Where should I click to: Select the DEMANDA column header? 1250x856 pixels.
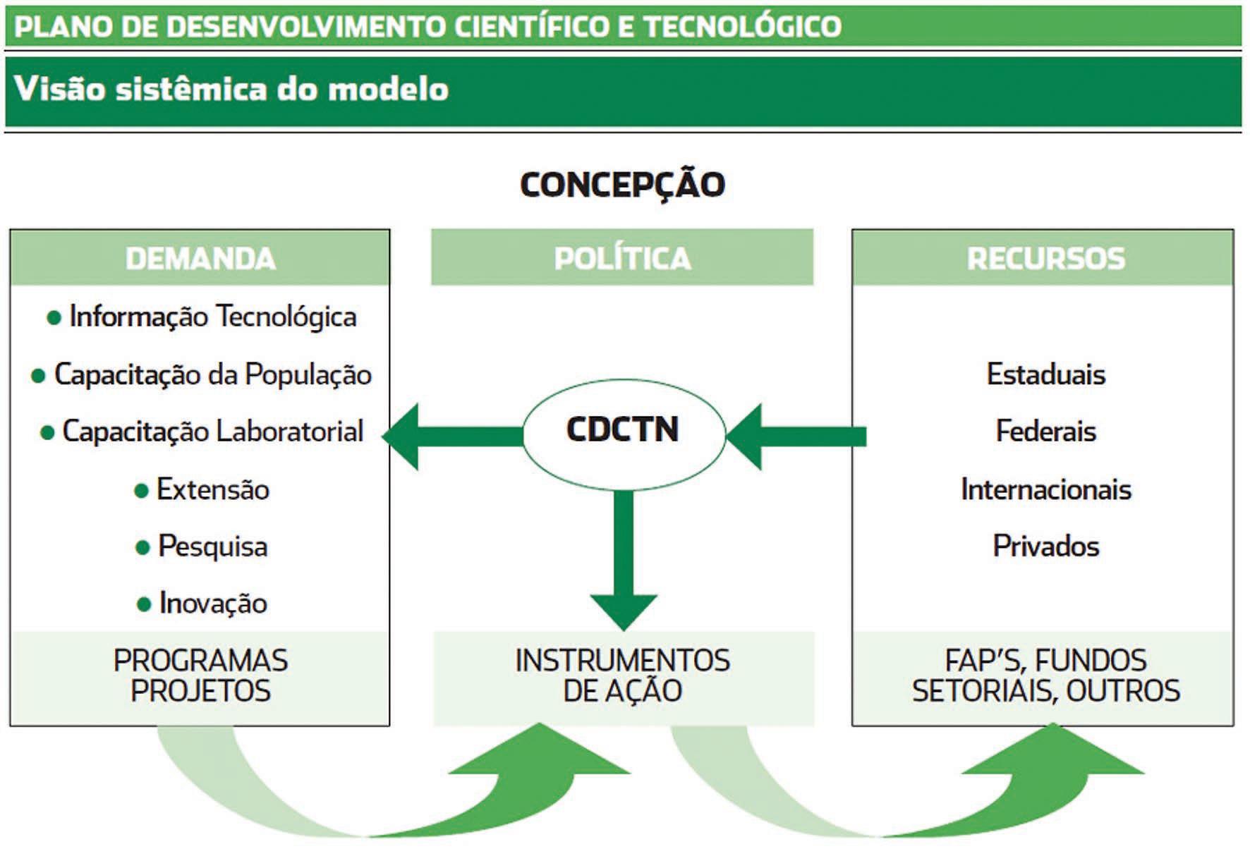(x=200, y=258)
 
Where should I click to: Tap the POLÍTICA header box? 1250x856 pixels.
(x=622, y=258)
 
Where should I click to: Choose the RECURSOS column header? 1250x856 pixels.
(x=1045, y=258)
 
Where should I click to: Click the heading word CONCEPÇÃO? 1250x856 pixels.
(x=622, y=185)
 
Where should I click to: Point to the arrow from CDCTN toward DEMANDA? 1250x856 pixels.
(x=451, y=436)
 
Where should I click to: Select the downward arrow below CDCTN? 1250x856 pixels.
(x=624, y=564)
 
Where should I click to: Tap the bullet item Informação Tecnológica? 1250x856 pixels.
(x=212, y=317)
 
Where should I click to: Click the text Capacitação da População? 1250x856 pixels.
(x=212, y=374)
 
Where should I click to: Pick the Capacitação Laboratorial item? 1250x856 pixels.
(x=212, y=432)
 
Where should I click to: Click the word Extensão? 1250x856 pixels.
(x=212, y=489)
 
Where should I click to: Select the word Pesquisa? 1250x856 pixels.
(x=212, y=546)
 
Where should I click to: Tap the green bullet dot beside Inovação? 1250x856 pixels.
(x=144, y=604)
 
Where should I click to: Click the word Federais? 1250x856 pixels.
(x=1045, y=432)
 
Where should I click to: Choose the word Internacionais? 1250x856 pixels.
(x=1045, y=489)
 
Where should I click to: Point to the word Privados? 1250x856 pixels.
(x=1045, y=546)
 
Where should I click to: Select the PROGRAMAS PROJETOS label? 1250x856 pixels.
(x=200, y=676)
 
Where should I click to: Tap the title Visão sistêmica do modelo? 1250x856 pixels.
(x=231, y=90)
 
